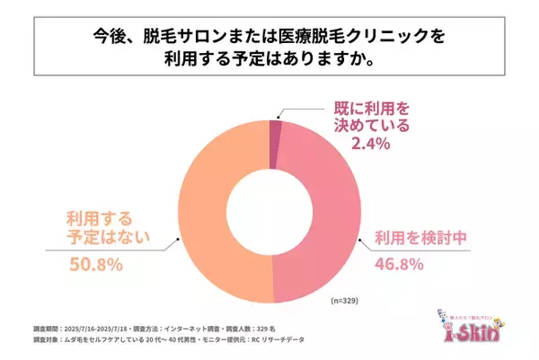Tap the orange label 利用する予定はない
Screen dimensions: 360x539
[x=98, y=229]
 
